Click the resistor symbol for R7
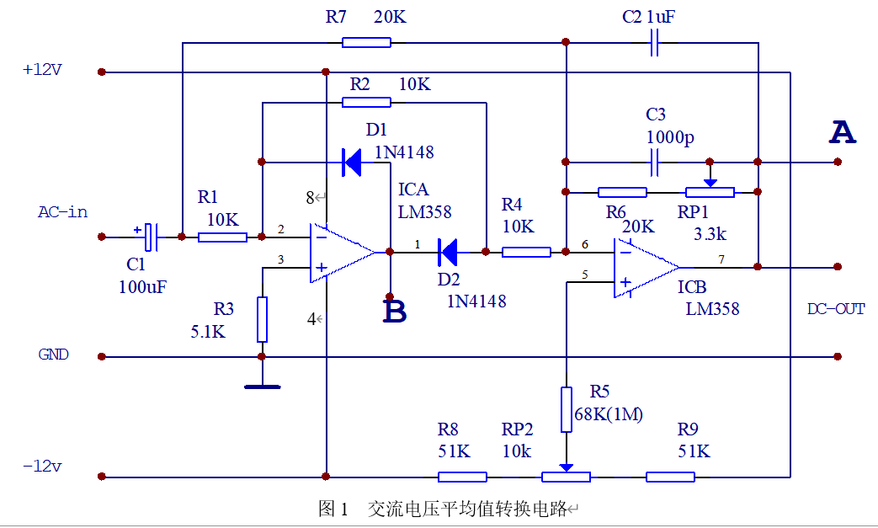tap(366, 43)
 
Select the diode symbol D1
tap(352, 163)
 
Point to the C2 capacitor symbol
tap(654, 43)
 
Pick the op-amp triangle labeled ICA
tap(343, 253)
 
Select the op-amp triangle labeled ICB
tap(647, 268)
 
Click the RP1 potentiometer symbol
tap(710, 189)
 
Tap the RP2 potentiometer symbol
tap(566, 474)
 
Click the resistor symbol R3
tap(262, 320)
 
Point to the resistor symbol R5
tap(566, 409)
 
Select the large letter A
tap(843, 132)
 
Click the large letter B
tap(395, 312)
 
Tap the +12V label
tap(42, 70)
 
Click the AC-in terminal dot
tap(101, 237)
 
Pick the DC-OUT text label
tap(836, 309)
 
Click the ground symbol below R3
tap(263, 387)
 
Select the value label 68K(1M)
tap(609, 414)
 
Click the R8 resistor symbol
tap(462, 477)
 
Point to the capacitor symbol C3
tap(654, 163)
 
